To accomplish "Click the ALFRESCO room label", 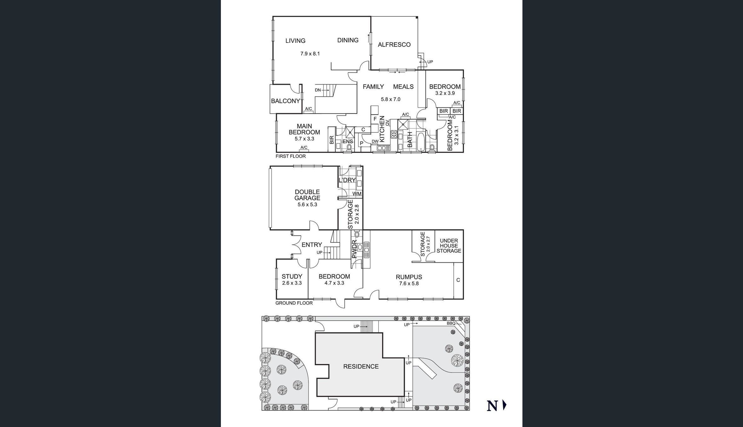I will [x=394, y=45].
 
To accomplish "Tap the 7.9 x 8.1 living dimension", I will [x=310, y=54].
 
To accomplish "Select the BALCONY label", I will [x=285, y=101].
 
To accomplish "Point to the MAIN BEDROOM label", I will [x=304, y=129].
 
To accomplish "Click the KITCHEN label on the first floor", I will [x=382, y=129].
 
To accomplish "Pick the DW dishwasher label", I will [x=375, y=141].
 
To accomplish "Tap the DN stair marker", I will [x=318, y=90].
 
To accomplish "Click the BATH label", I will [x=410, y=140].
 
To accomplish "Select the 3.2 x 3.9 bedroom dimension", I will [x=445, y=93].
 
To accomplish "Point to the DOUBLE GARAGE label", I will [x=307, y=195].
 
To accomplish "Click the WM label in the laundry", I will [x=357, y=194].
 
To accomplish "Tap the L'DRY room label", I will [x=347, y=180].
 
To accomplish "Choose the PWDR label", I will [x=354, y=249].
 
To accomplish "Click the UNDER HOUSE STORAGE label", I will [x=449, y=246].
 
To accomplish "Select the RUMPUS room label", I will [x=409, y=277].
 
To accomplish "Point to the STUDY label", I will [x=292, y=277].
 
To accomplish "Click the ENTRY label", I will [x=312, y=245].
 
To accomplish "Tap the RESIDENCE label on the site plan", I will [x=361, y=366].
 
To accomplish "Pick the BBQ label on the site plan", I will [x=451, y=324].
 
